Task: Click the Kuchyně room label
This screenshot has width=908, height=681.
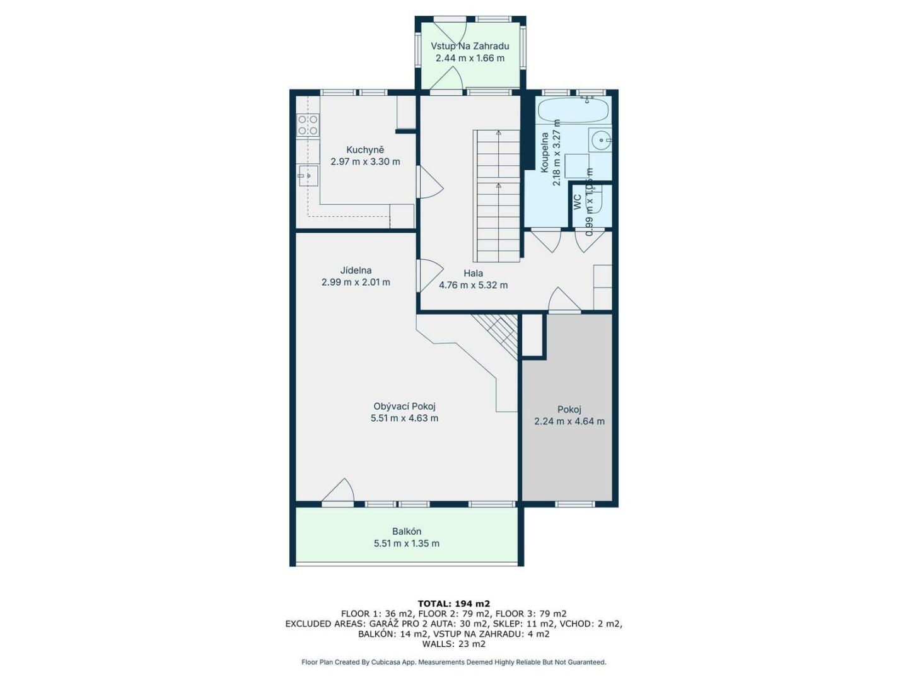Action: coord(365,149)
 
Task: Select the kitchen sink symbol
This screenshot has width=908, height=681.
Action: coord(307,176)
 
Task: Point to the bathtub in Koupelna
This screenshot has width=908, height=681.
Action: coord(573,110)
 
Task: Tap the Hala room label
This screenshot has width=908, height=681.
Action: coord(473,273)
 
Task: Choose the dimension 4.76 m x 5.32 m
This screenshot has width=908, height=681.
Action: coord(473,285)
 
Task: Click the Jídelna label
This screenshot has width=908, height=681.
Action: coord(356,271)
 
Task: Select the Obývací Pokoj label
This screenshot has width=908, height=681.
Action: coord(404,407)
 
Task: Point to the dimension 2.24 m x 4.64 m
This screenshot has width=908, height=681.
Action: coord(569,421)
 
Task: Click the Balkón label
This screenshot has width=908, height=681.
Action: coord(407,532)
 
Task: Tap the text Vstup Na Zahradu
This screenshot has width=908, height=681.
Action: coord(470,46)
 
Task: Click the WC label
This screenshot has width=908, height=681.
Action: coord(578,202)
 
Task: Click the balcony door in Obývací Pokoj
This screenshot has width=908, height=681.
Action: coord(338,492)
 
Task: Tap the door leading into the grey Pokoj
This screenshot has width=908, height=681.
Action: coord(564,300)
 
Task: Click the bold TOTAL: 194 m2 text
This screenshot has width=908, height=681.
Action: coord(454,604)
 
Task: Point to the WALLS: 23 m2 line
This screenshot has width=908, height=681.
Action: coord(454,644)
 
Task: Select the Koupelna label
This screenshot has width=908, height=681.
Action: coord(545,152)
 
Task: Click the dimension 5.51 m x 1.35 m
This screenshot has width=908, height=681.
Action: coord(407,544)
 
